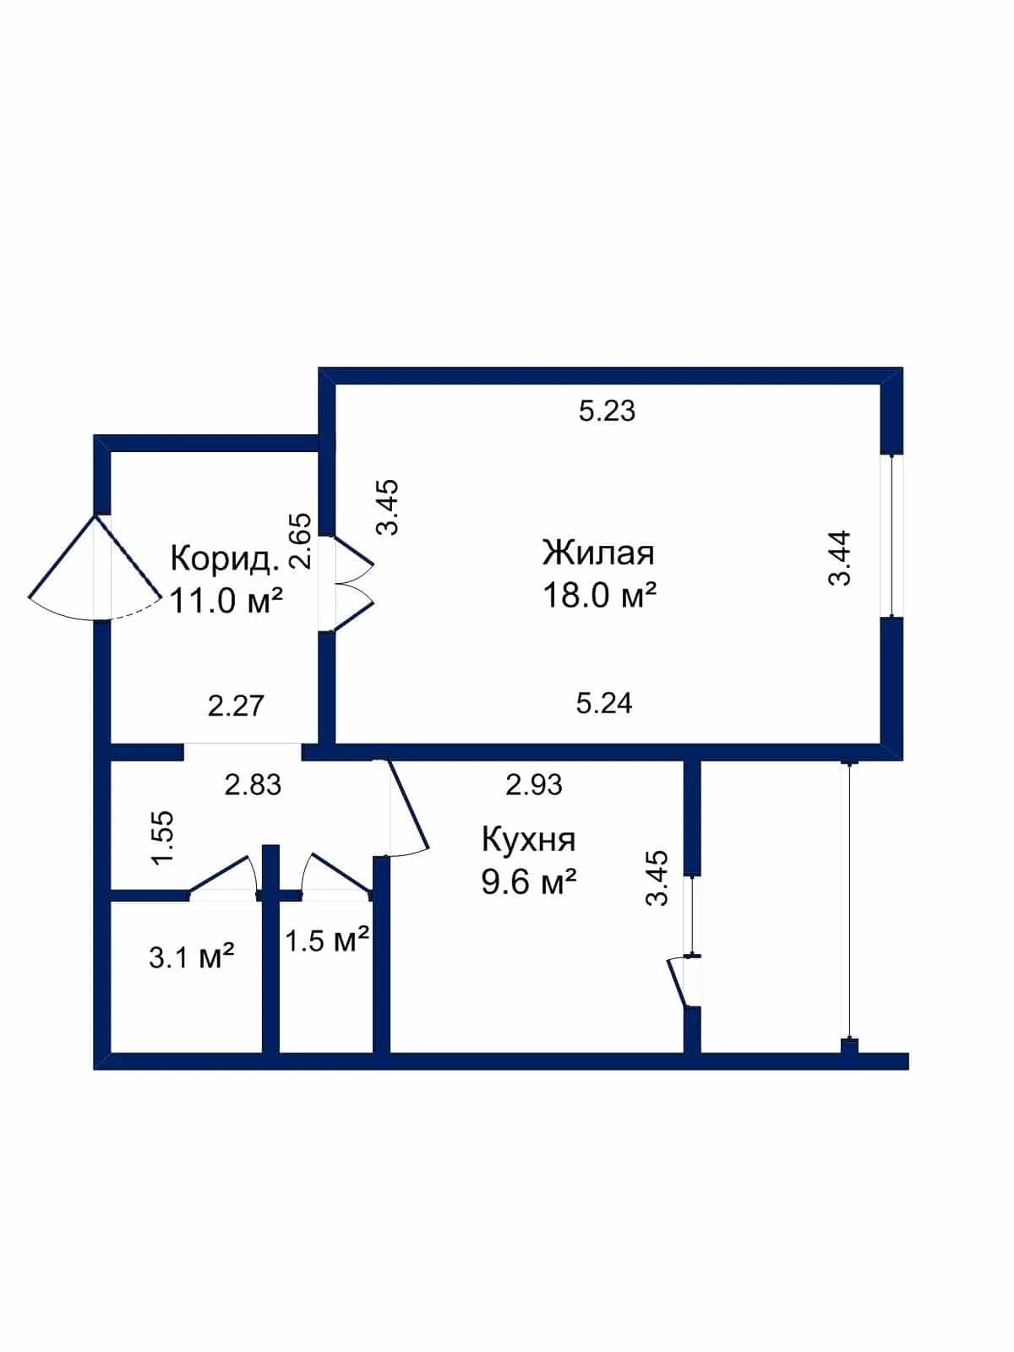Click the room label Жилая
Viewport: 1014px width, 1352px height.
(597, 553)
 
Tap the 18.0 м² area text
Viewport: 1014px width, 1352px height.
(599, 595)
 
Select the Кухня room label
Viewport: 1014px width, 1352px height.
(528, 840)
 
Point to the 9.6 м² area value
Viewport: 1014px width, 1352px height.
(528, 883)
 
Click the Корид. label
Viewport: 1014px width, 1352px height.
(225, 559)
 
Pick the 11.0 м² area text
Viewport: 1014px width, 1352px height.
(226, 601)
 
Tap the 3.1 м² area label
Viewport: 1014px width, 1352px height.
(192, 957)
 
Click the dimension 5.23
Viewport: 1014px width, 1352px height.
(607, 411)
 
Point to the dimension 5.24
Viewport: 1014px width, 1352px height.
(604, 703)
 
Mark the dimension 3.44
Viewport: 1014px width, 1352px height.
(840, 558)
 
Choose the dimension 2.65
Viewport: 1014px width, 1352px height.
(301, 541)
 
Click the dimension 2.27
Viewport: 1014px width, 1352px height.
(236, 706)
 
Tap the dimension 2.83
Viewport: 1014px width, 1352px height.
(253, 785)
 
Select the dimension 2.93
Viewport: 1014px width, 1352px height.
(534, 785)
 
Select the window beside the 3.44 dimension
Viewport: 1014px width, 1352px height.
(892, 536)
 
